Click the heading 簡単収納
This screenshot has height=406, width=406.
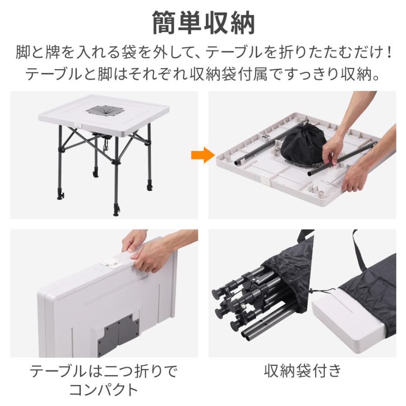pyautogui.click(x=203, y=23)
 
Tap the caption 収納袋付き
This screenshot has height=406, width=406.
pyautogui.click(x=302, y=371)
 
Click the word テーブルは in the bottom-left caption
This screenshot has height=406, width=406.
pyautogui.click(x=59, y=371)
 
